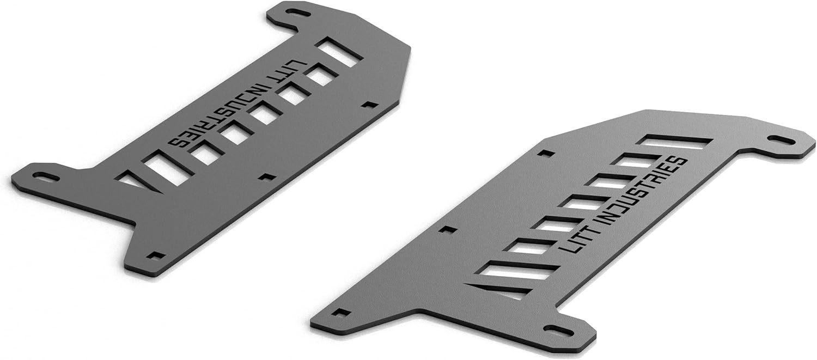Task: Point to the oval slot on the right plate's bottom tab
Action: pos(558,331)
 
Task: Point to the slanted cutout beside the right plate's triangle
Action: pos(517,270)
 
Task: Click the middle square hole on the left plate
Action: pos(267,176)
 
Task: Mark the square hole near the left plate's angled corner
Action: pos(370,104)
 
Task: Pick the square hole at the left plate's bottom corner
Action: pos(156,255)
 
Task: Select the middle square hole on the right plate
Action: pos(448,229)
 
